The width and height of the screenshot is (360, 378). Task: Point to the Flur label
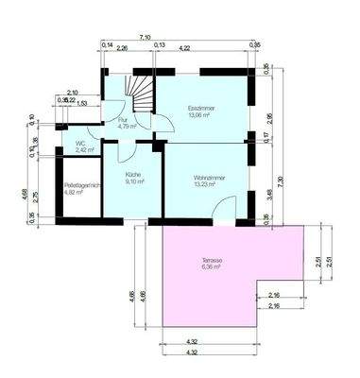tap(123, 120)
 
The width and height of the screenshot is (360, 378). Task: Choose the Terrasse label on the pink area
tap(211, 260)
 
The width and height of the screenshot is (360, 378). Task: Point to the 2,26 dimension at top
tap(123, 47)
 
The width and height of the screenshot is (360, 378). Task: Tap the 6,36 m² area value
tap(211, 267)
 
